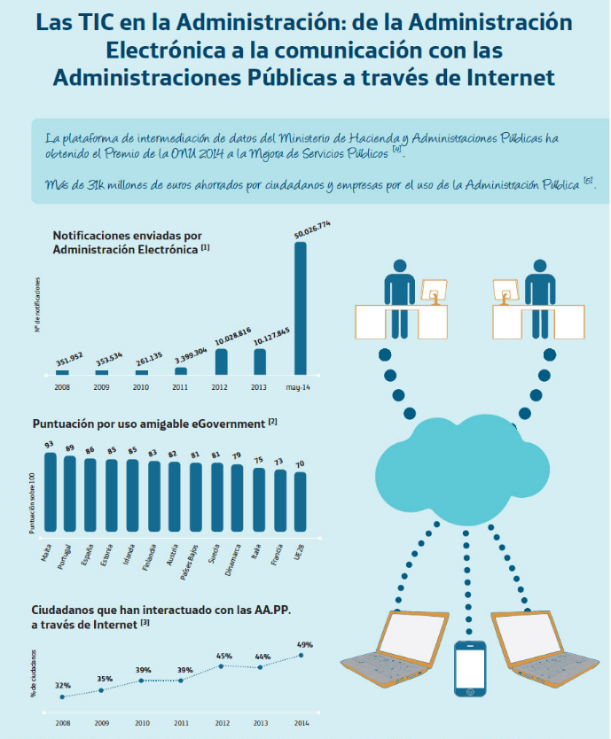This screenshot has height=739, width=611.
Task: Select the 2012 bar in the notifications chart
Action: click(x=221, y=361)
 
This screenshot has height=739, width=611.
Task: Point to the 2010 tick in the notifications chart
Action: click(x=142, y=387)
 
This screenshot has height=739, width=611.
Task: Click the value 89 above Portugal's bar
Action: click(x=70, y=448)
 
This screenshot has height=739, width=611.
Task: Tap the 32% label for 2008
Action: click(x=62, y=685)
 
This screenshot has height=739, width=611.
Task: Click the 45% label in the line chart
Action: click(x=224, y=656)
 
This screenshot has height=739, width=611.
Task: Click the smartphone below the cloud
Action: click(x=470, y=669)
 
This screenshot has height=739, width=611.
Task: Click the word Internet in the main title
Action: click(x=505, y=78)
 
